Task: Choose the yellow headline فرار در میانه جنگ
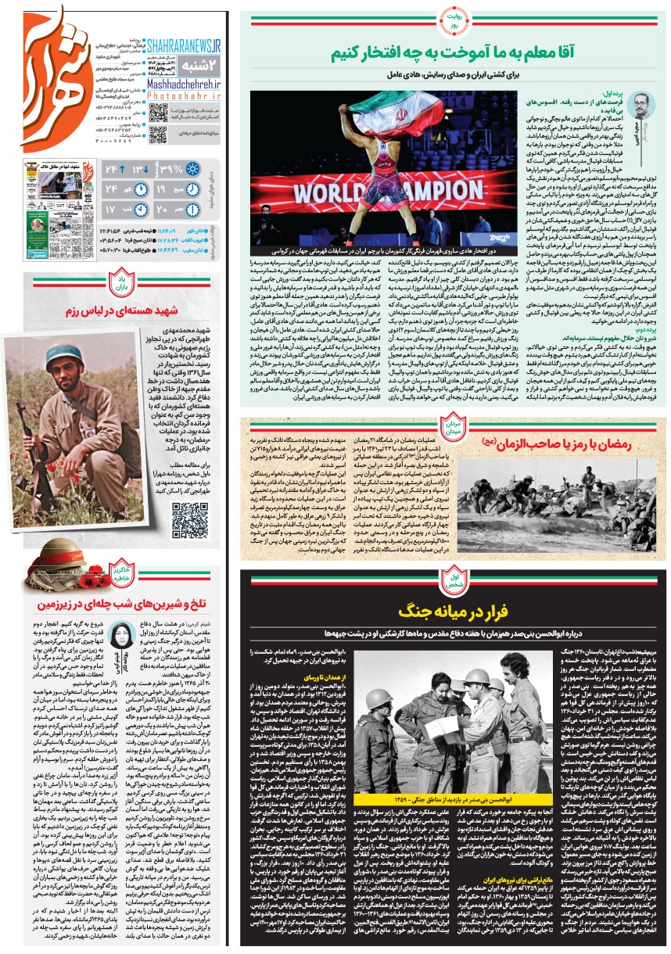pyautogui.click(x=453, y=610)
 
